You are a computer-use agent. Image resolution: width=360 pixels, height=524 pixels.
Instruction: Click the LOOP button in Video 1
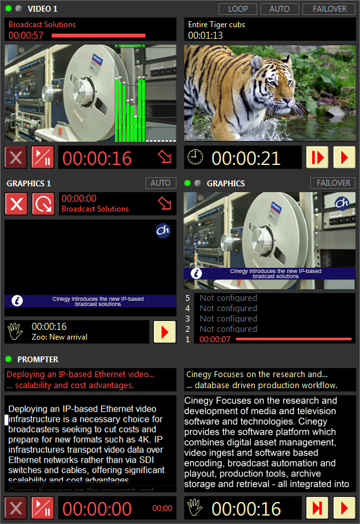pyautogui.click(x=237, y=9)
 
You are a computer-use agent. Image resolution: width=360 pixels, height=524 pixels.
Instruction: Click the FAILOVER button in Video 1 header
pyautogui.click(x=328, y=9)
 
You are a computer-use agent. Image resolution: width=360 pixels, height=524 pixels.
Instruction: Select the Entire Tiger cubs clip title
pyautogui.click(x=217, y=25)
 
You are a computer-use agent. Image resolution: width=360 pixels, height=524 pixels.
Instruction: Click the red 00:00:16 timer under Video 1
pyautogui.click(x=97, y=158)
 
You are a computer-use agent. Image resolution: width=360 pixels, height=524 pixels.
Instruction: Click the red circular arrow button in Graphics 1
pyautogui.click(x=43, y=204)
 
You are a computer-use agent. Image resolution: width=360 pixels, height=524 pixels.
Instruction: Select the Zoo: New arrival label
pyautogui.click(x=59, y=337)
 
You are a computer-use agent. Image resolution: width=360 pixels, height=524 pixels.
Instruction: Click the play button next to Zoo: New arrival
pyautogui.click(x=165, y=332)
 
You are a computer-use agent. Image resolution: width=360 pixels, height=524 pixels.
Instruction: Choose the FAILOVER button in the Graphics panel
pyautogui.click(x=333, y=183)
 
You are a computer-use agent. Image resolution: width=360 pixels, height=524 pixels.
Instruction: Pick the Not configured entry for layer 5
pyautogui.click(x=228, y=298)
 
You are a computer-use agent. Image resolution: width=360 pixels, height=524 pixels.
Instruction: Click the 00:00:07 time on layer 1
pyautogui.click(x=215, y=340)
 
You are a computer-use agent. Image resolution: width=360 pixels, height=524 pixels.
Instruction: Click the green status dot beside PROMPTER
pyautogui.click(x=8, y=359)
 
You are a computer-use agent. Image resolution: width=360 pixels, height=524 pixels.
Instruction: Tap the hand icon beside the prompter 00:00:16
pyautogui.click(x=195, y=508)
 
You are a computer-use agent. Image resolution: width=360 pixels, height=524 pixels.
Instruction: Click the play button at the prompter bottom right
pyautogui.click(x=344, y=508)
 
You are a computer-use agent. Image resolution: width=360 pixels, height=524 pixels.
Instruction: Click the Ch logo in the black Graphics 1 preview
pyautogui.click(x=163, y=231)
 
